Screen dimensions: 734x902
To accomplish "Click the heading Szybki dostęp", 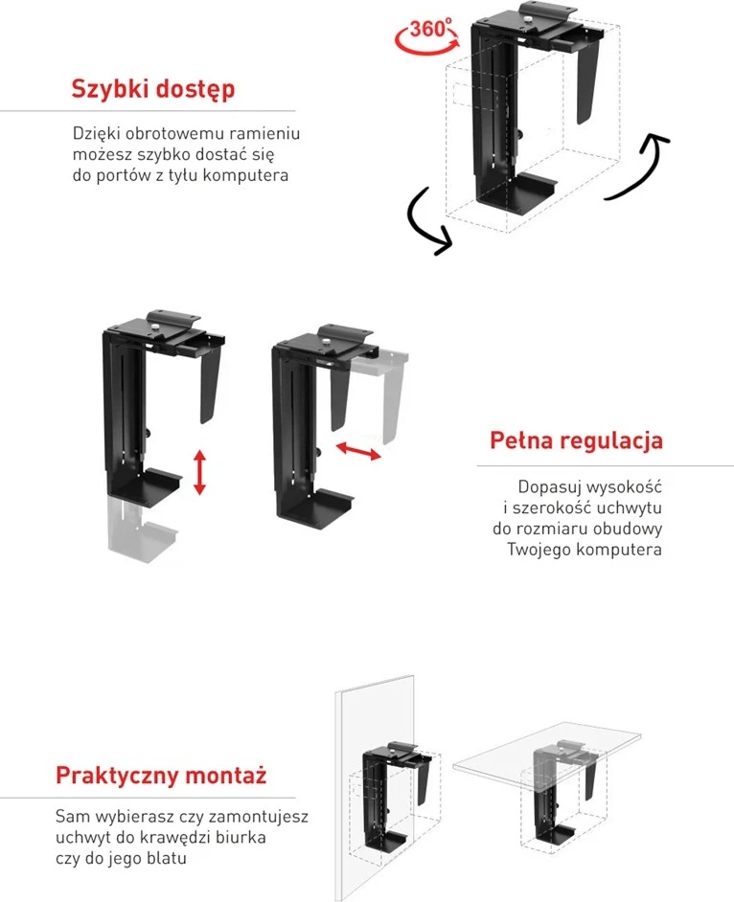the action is (153, 89).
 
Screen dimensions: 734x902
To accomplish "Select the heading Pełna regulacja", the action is (576, 440).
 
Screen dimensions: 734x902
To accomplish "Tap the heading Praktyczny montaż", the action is (161, 775).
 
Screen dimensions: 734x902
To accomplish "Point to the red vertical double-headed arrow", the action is (199, 472).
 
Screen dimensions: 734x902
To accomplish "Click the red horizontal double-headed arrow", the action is (358, 450).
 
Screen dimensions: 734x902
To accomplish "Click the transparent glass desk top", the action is (547, 747).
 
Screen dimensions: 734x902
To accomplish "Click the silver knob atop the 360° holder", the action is (527, 19).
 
